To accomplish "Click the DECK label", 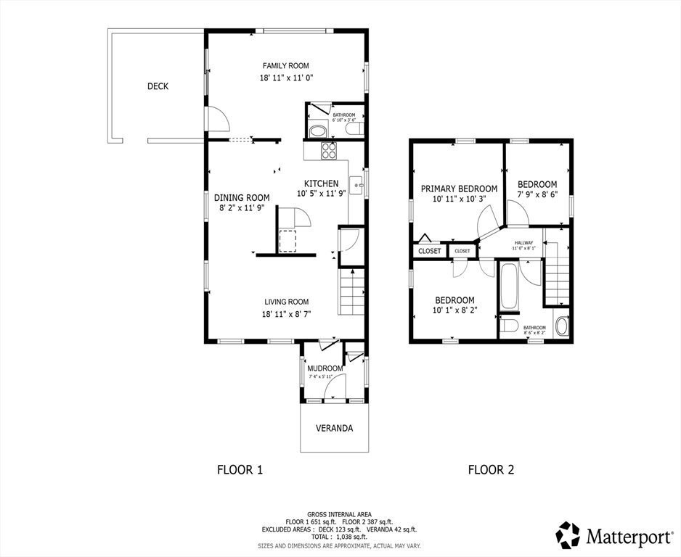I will coord(158,86).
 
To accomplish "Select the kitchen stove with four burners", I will coord(329,151).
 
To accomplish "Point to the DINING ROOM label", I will coord(242,197).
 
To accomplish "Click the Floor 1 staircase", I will coord(352,292).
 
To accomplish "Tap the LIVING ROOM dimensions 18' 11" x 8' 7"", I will coord(286,314).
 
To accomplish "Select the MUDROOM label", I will coord(325,368).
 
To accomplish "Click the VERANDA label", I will coord(334,429).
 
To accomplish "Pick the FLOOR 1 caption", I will coord(240,469).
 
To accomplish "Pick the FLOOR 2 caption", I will coord(491,469).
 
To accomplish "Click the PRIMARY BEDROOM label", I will coord(459,189).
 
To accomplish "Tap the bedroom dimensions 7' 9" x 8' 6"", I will coord(537,195).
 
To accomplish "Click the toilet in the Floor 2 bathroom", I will coord(509,325).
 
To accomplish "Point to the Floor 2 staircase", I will coord(557,276).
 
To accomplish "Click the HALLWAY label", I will coord(523,243).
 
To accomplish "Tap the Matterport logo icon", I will coord(568,535).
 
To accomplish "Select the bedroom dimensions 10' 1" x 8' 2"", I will coord(454,312).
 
